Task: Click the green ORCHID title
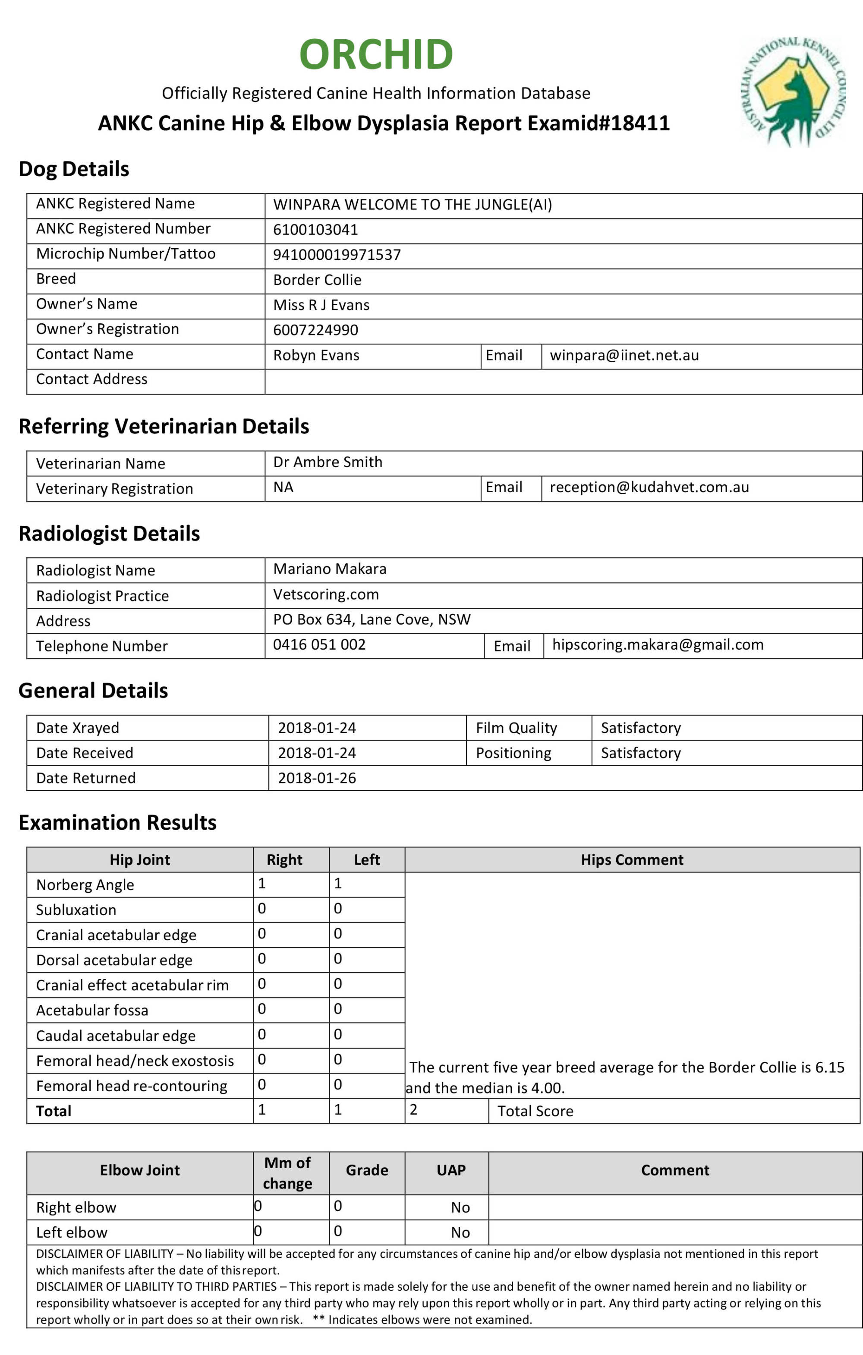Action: point(376,54)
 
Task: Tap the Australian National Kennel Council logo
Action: point(792,92)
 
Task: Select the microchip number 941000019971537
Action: point(337,255)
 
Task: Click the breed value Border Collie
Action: point(317,280)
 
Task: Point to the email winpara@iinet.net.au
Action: point(624,355)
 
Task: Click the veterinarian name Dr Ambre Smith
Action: point(328,462)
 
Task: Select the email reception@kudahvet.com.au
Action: point(649,487)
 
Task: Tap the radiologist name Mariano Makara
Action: point(330,569)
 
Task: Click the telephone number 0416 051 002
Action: point(319,644)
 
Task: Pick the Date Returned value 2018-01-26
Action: point(317,778)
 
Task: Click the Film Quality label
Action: point(516,728)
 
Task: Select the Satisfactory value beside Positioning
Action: point(640,753)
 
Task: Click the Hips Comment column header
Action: point(632,859)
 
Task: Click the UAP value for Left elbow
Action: point(460,1232)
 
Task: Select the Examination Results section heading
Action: point(117,822)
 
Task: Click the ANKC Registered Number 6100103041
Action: point(315,230)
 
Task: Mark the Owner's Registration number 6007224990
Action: point(315,330)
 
